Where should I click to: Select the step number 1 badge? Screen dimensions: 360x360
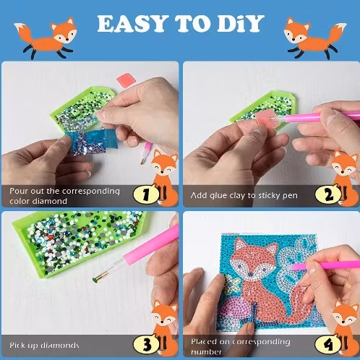(x=146, y=194)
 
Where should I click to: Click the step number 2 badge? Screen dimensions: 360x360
(x=328, y=194)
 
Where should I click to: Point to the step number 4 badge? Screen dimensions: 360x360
(x=328, y=345)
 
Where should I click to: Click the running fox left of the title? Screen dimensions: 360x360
(x=46, y=38)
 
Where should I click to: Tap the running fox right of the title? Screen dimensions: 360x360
(x=315, y=38)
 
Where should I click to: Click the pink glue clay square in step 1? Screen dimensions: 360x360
(x=126, y=80)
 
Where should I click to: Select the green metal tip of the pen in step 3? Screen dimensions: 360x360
(x=96, y=279)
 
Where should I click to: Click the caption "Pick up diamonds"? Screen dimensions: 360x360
(x=44, y=346)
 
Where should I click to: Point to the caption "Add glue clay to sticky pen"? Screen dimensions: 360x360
(x=244, y=195)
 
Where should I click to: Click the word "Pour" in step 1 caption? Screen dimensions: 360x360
(x=19, y=191)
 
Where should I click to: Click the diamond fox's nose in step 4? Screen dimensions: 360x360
(x=251, y=274)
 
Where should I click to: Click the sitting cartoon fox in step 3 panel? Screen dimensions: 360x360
(x=166, y=327)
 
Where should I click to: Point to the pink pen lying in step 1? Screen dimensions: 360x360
(x=146, y=153)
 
